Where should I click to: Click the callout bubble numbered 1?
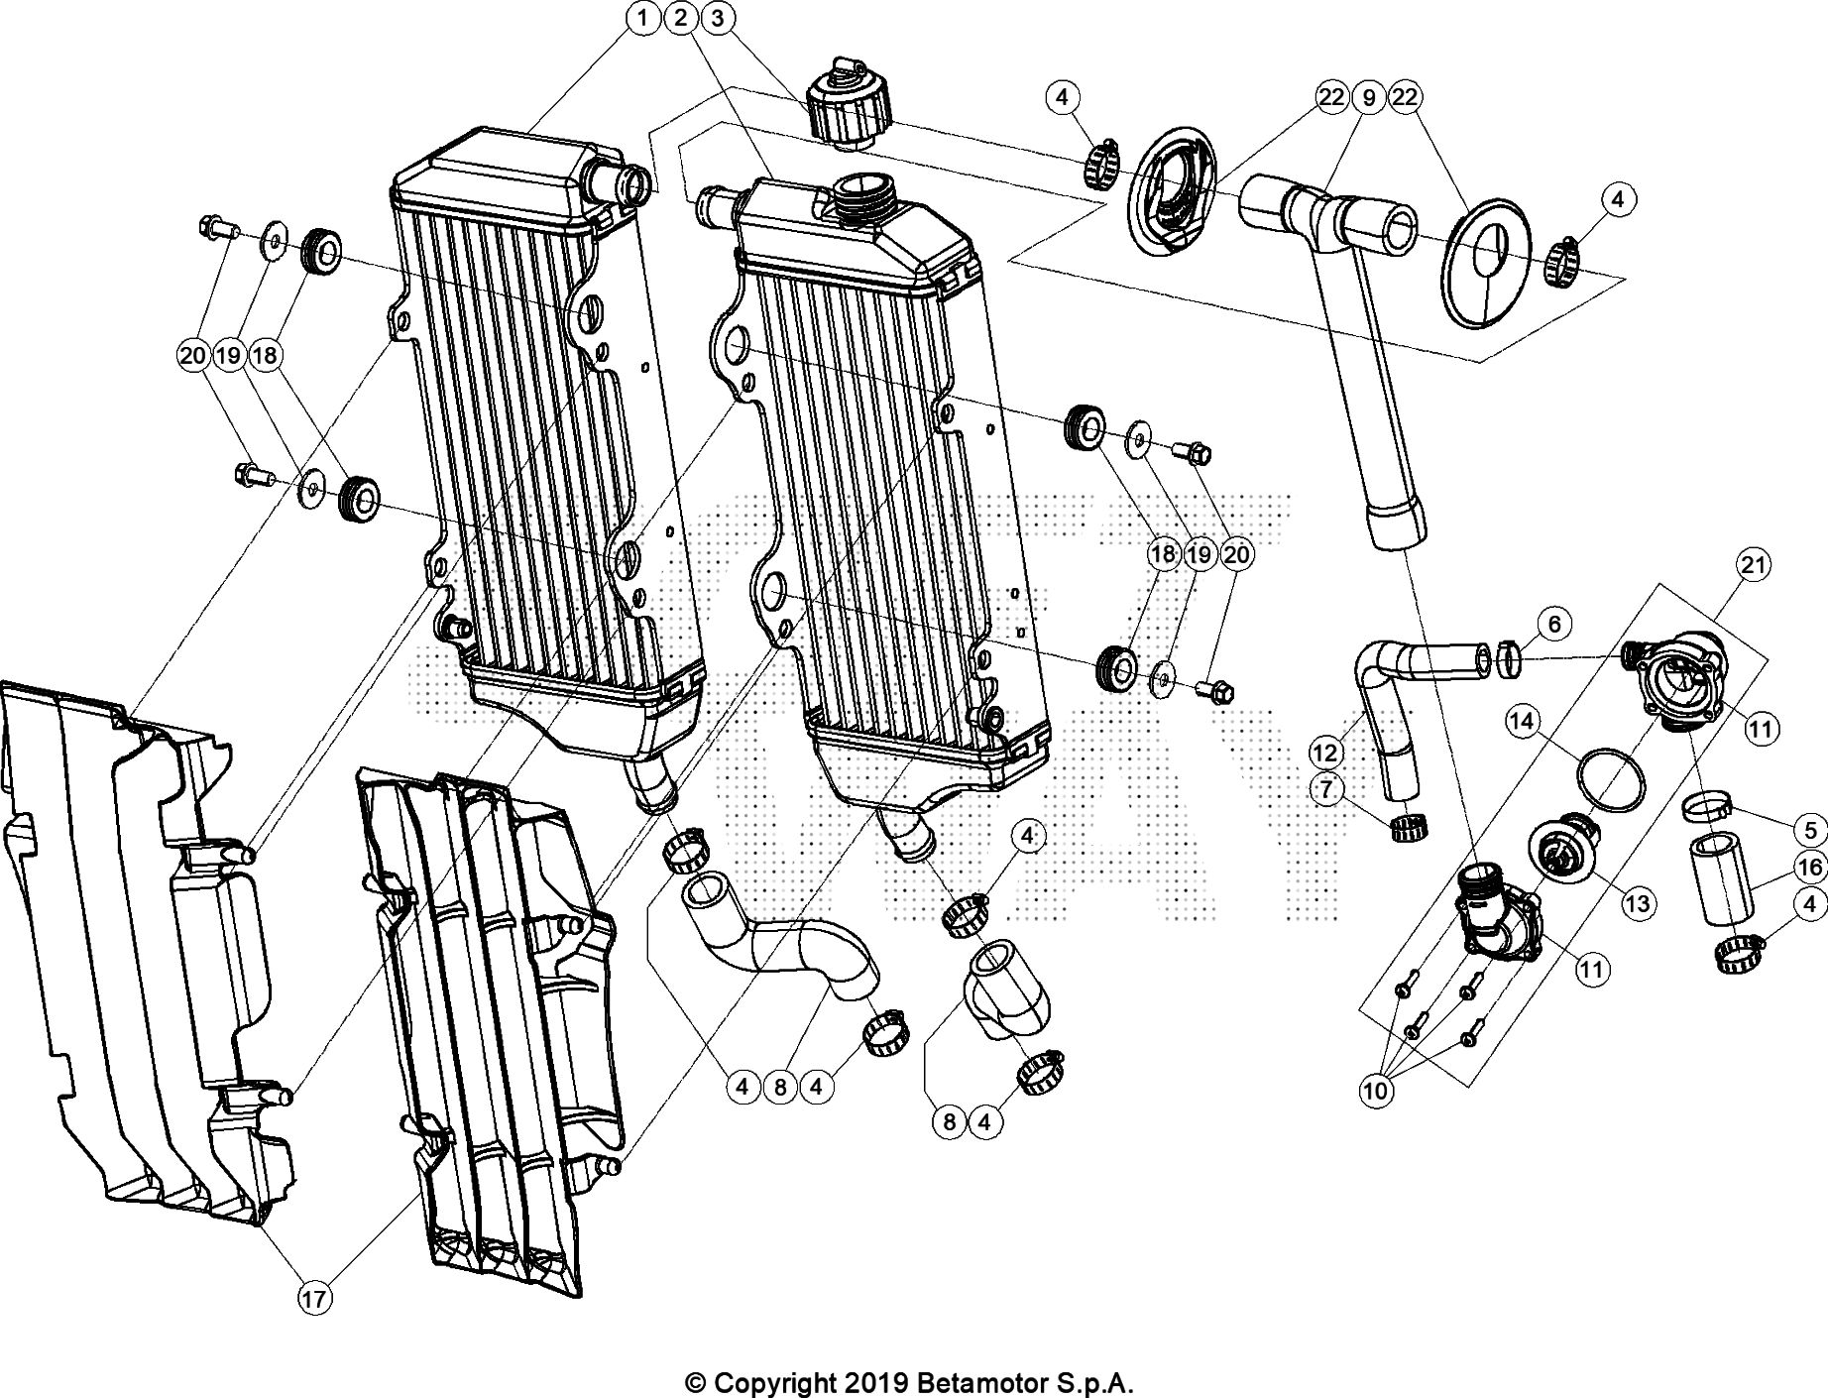tap(643, 18)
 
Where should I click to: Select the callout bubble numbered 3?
tap(718, 18)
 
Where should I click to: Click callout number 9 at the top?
tap(1368, 97)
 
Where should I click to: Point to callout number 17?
tap(313, 1299)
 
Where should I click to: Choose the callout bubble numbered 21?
tap(1753, 565)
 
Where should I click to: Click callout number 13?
tap(1638, 903)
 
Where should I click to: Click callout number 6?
tap(1553, 624)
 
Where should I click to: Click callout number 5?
tap(1810, 830)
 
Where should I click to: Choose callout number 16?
tap(1810, 868)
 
